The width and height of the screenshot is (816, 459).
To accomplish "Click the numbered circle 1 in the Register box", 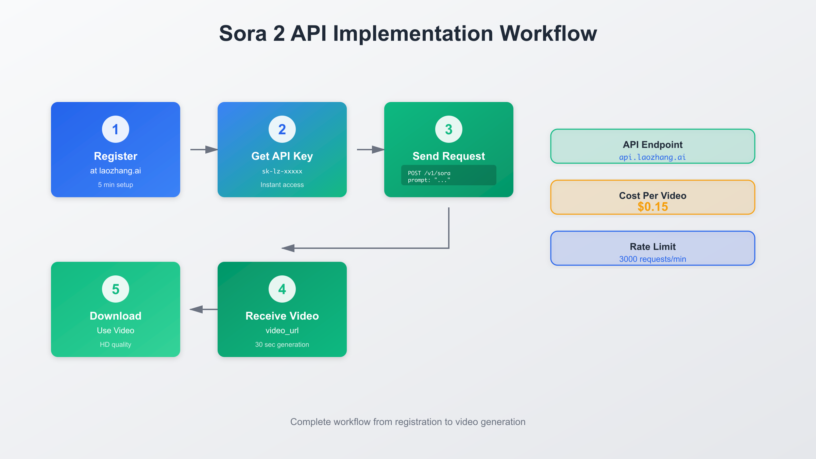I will pos(116,129).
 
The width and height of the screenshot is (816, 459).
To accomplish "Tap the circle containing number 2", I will pos(282,129).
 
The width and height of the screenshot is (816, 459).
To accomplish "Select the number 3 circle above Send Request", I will pos(449,129).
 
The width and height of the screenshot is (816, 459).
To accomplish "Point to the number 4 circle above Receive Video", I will pos(282,289).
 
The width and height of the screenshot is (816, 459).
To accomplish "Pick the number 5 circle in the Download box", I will pos(116,289).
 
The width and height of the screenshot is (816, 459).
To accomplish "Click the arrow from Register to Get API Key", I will pos(204,150).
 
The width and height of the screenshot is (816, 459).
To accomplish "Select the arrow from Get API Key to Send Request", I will pos(371,150).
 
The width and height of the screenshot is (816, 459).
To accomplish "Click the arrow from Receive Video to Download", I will pos(203,309).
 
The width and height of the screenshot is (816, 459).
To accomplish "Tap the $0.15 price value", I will pos(653,207).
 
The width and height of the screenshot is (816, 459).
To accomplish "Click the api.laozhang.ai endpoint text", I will pos(652,157).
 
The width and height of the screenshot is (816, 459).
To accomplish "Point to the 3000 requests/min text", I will pos(652,259).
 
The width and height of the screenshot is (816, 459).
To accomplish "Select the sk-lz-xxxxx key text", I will pos(282,171).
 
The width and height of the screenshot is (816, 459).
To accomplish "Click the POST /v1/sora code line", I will pos(429,173).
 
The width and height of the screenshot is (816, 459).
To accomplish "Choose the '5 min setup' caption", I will pos(116,185).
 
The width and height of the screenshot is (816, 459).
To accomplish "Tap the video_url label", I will pos(282,330).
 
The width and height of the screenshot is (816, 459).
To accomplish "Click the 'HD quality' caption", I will pos(116,344).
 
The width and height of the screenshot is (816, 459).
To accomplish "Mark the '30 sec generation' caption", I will pos(282,344).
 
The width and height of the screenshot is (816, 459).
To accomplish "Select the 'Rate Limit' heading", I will pos(653,247).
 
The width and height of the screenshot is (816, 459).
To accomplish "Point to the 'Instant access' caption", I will pos(282,185).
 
